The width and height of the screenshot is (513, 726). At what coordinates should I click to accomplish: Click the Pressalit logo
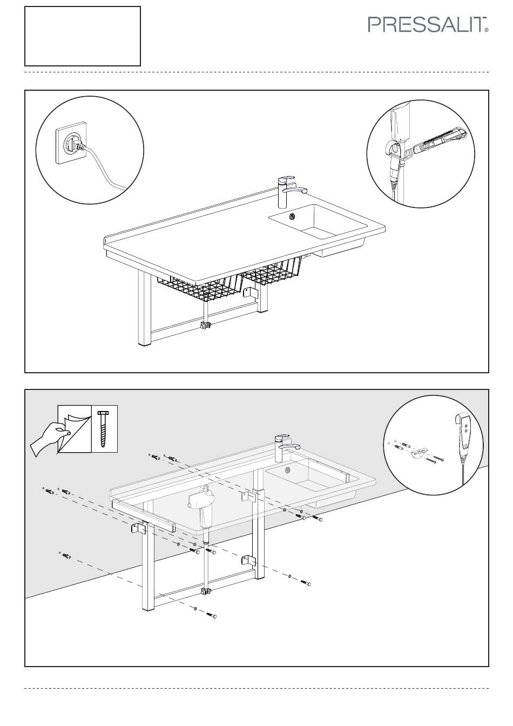point(428,24)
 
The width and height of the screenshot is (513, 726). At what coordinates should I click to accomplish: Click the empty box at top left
point(83,36)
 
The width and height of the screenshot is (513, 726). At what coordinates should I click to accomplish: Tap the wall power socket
point(69,143)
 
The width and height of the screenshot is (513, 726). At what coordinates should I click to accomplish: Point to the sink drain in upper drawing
point(293,216)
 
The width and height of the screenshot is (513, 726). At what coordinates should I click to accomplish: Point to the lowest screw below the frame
point(212,615)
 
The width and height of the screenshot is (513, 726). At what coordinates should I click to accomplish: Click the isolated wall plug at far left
point(66,555)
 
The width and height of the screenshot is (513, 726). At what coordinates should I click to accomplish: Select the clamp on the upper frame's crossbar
point(205,326)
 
